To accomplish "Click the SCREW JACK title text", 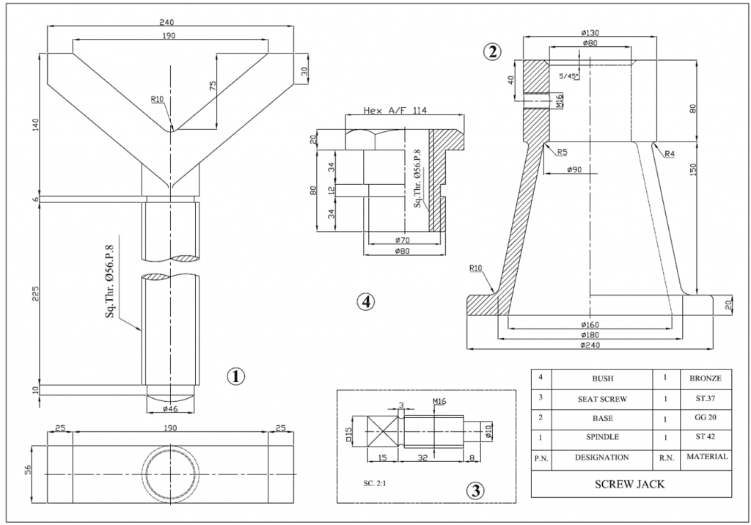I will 629,485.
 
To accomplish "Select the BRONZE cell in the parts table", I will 706,378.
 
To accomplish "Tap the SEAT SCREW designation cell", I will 601,399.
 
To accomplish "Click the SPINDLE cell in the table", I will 601,438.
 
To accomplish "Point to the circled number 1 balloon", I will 235,376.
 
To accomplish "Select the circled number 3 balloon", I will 476,491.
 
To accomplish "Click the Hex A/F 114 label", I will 396,111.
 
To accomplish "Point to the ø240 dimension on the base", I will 590,344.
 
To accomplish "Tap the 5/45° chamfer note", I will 568,76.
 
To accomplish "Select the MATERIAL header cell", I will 706,457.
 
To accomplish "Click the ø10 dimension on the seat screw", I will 488,433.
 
